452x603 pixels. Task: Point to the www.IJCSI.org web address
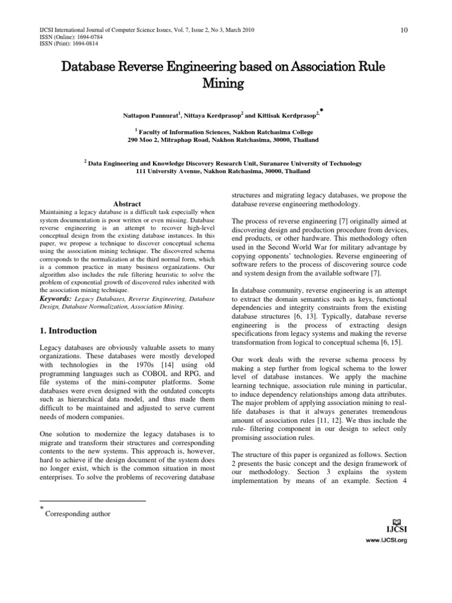point(387,540)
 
